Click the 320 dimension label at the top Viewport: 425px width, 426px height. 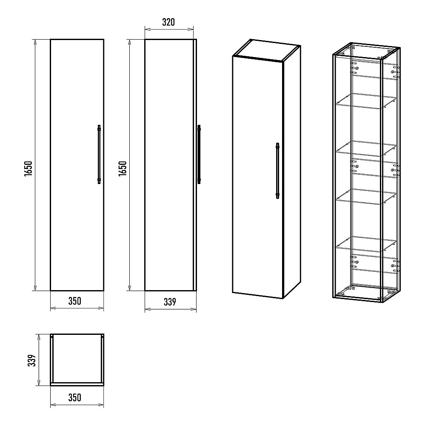(168, 22)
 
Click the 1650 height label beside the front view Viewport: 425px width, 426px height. (29, 168)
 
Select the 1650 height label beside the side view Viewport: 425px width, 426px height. (123, 168)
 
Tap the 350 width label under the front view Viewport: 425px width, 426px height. (74, 301)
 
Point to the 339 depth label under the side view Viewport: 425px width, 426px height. (170, 302)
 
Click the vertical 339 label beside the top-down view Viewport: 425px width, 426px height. (32, 360)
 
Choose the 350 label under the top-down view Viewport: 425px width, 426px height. (74, 397)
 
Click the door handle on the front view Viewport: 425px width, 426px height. (99, 154)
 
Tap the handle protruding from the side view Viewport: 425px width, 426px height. (199, 154)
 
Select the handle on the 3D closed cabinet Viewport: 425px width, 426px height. (277, 171)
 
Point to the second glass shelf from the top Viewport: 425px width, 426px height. (366, 148)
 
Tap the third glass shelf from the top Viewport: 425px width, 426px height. (366, 196)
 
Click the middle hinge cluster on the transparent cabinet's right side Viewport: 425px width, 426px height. (395, 170)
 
